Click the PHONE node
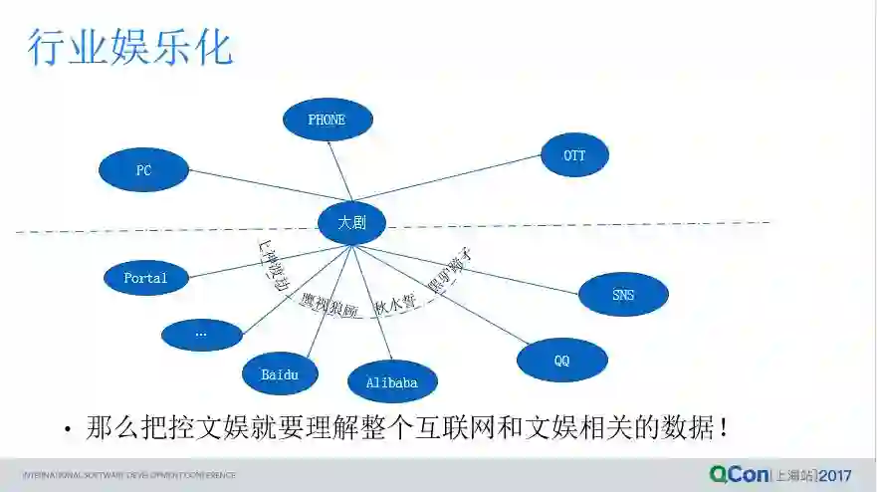click(x=328, y=120)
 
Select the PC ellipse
click(x=143, y=170)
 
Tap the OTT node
click(x=574, y=155)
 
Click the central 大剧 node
click(x=351, y=223)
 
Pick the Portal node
click(x=145, y=278)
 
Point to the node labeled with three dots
click(x=201, y=334)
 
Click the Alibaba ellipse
click(x=392, y=382)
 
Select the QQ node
click(x=562, y=361)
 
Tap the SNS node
click(x=623, y=295)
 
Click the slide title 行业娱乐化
click(x=129, y=47)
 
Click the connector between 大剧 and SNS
click(x=478, y=268)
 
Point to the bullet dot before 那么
click(x=68, y=430)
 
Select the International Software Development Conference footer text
click(x=129, y=475)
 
